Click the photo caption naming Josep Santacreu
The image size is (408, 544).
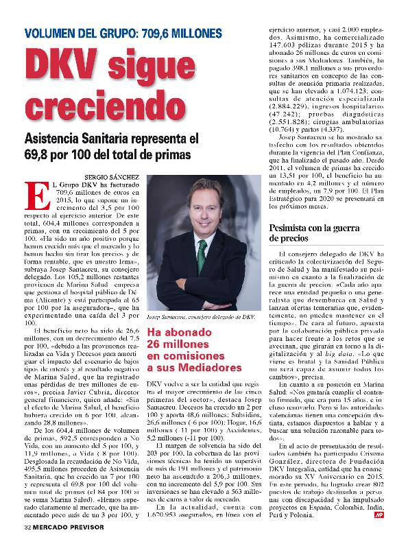[200, 317]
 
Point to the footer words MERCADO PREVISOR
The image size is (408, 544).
[75, 527]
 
